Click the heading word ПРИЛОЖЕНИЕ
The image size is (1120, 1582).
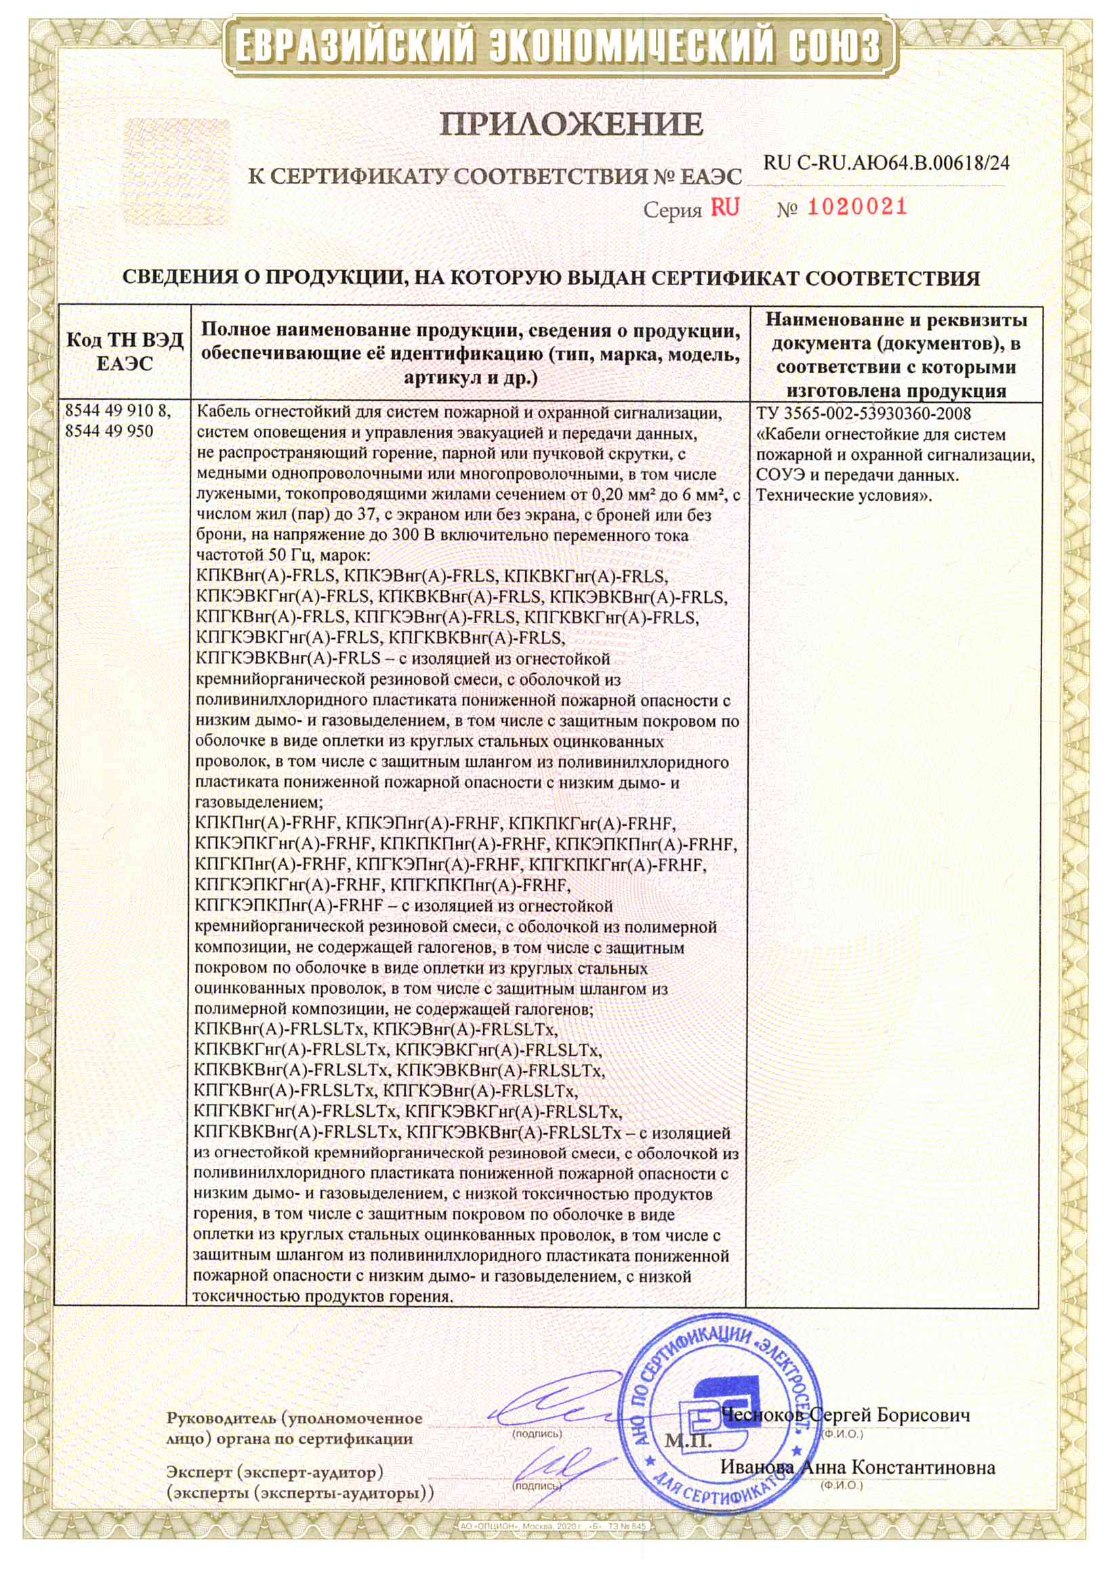tap(572, 124)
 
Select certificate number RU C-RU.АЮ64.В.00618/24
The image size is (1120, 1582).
tap(886, 163)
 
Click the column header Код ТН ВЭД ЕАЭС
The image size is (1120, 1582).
tap(125, 351)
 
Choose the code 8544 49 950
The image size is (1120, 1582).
tap(109, 432)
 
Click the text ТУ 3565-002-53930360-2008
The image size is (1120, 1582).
tap(863, 414)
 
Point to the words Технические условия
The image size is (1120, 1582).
tap(844, 496)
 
